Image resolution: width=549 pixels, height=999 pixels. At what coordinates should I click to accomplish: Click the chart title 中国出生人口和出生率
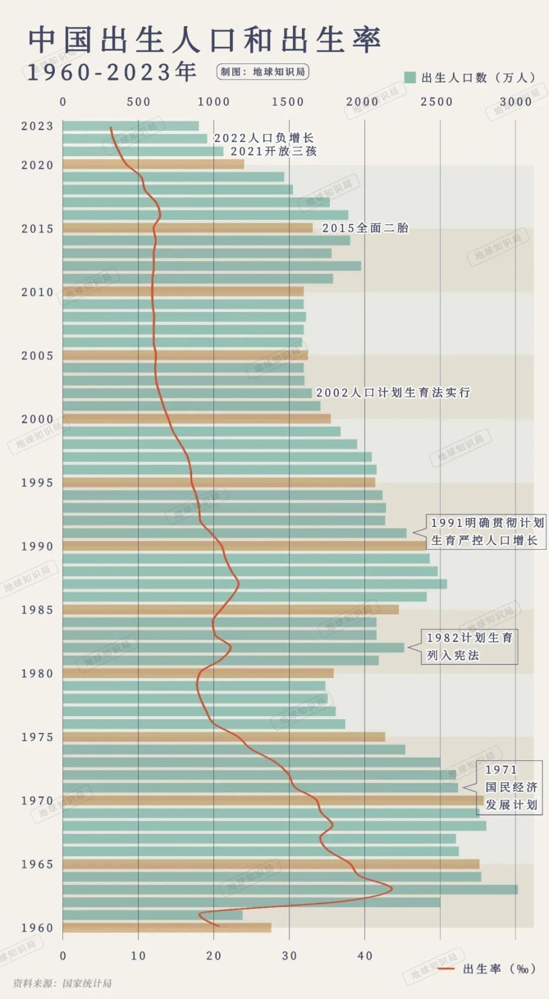click(204, 40)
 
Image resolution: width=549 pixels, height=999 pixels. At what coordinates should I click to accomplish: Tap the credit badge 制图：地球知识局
click(263, 72)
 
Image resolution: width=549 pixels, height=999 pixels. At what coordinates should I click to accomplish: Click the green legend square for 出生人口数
click(409, 77)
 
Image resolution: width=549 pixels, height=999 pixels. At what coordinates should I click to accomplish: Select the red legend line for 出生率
click(446, 969)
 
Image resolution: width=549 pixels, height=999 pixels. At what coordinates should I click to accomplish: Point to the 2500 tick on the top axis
click(436, 102)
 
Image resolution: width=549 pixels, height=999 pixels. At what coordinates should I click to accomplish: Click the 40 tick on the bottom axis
click(365, 956)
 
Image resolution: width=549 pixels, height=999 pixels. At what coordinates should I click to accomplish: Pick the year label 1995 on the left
click(37, 482)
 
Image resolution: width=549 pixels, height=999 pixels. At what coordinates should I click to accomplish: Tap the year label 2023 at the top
click(37, 126)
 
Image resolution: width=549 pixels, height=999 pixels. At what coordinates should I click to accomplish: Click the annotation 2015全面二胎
click(365, 228)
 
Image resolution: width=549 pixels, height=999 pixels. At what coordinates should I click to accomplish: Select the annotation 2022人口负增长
click(264, 138)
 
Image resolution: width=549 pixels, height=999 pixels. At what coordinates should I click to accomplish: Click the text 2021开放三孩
click(273, 151)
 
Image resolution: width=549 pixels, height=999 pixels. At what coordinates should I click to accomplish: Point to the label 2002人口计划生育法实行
click(393, 393)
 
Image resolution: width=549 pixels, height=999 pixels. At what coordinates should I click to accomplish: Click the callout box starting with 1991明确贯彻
click(486, 532)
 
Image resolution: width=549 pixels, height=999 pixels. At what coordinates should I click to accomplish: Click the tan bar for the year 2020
click(153, 164)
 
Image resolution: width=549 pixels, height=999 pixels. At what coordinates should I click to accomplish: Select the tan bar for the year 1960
click(167, 927)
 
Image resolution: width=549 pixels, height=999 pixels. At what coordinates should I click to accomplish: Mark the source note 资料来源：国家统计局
click(62, 983)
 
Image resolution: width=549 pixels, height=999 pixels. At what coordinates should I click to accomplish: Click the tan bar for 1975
click(223, 736)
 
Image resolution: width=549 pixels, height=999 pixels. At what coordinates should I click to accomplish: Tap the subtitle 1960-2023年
click(112, 72)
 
